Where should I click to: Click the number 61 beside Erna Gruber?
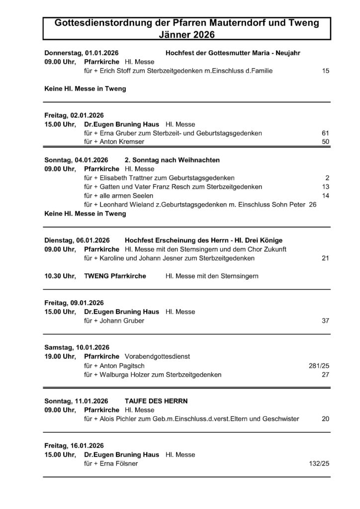coord(326,133)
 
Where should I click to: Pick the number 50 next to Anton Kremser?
coord(326,142)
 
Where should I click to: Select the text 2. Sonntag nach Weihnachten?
coord(172,160)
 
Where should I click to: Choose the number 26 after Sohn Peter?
coord(312,205)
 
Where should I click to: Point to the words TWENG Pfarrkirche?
coord(115,276)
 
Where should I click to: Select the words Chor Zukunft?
coord(269,249)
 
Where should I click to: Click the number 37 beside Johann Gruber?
coord(326,321)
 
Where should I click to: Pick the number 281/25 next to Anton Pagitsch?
coord(319,365)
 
